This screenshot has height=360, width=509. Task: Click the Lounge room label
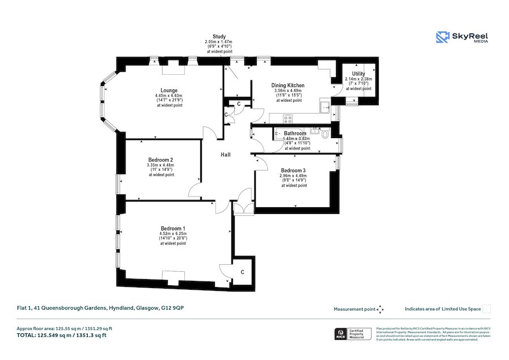[169, 90]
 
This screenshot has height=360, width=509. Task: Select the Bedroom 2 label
[161, 160]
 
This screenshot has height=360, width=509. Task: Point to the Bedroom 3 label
[294, 170]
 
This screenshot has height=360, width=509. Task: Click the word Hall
[225, 155]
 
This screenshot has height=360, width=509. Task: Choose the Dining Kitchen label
[288, 85]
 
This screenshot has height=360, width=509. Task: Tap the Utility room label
[358, 74]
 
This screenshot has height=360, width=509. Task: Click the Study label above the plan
[219, 36]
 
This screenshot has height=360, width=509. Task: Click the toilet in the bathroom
[324, 135]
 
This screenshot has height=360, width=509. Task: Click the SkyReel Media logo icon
[442, 37]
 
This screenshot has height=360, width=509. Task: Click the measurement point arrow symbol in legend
[381, 309]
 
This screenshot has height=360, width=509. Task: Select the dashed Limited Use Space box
[486, 309]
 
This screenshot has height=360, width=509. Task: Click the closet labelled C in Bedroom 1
[242, 272]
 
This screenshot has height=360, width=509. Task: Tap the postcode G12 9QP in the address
[172, 308]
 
